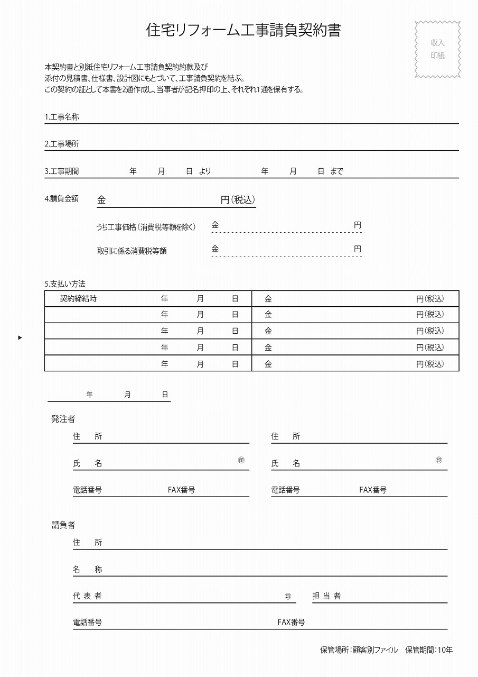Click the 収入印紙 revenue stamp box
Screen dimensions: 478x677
coord(437,49)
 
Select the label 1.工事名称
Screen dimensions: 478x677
coord(62,117)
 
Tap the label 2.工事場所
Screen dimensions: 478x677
coord(62,144)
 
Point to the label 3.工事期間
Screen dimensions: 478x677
coord(62,171)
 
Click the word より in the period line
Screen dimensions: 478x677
coord(205,171)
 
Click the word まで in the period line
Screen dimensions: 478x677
coord(336,171)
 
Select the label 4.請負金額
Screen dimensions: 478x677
coord(62,199)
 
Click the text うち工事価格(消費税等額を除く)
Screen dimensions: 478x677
coord(146,227)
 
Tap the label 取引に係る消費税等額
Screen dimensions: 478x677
coord(132,251)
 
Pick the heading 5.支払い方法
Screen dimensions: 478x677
coord(65,284)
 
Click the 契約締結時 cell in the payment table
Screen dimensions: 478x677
coord(78,298)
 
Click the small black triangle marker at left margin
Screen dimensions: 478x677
coord(20,337)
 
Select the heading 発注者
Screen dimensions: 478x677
coord(63,419)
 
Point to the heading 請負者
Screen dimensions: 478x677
coord(63,525)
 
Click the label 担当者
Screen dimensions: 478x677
coord(326,596)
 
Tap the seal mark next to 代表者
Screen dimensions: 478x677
coord(288,596)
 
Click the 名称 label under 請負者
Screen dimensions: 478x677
coord(88,569)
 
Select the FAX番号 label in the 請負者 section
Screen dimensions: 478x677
coord(291,623)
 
